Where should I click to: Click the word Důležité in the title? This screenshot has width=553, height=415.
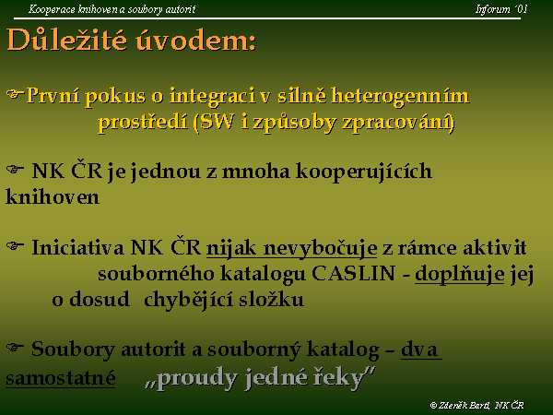pyautogui.click(x=67, y=40)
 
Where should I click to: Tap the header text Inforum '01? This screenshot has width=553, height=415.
pyautogui.click(x=501, y=9)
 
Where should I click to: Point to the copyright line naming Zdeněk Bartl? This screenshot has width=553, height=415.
pyautogui.click(x=477, y=405)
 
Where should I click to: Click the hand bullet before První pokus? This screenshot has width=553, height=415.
pyautogui.click(x=15, y=94)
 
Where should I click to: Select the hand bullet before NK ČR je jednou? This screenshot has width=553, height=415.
pyautogui.click(x=15, y=170)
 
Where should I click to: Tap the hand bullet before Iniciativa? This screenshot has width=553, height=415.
pyautogui.click(x=15, y=245)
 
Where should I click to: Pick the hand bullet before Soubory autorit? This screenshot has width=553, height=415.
pyautogui.click(x=15, y=348)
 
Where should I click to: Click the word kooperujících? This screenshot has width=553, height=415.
pyautogui.click(x=364, y=172)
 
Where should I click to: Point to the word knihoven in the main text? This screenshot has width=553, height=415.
pyautogui.click(x=53, y=197)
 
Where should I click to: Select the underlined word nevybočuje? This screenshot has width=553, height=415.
pyautogui.click(x=320, y=248)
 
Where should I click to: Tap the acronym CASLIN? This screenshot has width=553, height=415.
pyautogui.click(x=353, y=274)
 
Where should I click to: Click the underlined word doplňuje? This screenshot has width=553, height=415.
pyautogui.click(x=460, y=274)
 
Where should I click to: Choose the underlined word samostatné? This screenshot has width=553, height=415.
pyautogui.click(x=61, y=377)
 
